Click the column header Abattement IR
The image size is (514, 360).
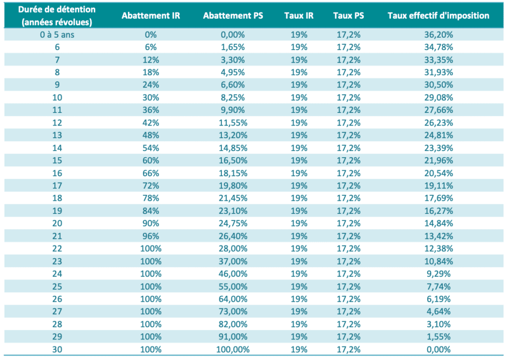(x=151, y=16)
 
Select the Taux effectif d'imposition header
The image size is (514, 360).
(x=438, y=16)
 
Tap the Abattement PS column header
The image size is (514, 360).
(x=233, y=16)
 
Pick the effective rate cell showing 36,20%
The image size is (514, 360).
(x=439, y=35)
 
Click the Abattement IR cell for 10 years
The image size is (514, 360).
(x=151, y=97)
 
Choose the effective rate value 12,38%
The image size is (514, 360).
(x=439, y=249)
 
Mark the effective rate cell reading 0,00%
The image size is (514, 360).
(x=439, y=350)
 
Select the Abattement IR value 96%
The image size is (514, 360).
(x=151, y=236)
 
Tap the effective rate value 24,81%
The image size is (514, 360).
(x=439, y=136)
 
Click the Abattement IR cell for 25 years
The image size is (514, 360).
(x=151, y=287)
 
